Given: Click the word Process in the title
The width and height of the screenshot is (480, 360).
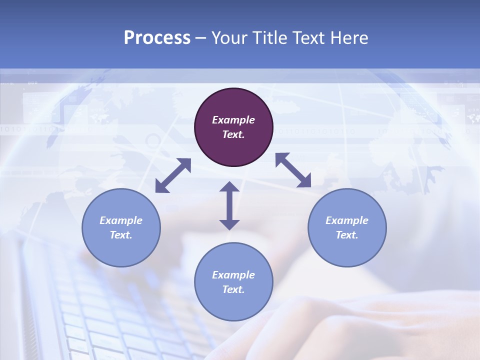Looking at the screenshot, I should coord(157,38).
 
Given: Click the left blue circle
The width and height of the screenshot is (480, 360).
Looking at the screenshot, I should coord(121,227).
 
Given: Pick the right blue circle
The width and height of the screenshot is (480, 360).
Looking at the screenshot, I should coord(347,227).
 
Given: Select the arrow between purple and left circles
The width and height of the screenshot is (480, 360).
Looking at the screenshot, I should coord(173,175).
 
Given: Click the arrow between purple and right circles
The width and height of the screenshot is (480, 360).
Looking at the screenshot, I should coord(293,170).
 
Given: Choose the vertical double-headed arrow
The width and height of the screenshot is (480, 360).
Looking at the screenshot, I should coord(229,205).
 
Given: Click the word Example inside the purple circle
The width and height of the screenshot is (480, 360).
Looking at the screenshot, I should coord(233,120).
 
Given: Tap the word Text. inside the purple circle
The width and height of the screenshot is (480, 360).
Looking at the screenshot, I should coord(233,134).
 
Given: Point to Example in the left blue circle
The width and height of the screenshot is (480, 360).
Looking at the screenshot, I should coord(121,220).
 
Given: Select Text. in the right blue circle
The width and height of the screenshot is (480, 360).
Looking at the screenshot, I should coord(347,235).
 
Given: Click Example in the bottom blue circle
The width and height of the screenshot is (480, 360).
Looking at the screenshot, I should coord(233,275).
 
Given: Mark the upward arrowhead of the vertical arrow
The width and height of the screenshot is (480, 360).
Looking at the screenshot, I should coord(229,186).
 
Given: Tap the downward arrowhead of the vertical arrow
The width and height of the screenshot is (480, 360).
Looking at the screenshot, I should coord(229,224).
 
